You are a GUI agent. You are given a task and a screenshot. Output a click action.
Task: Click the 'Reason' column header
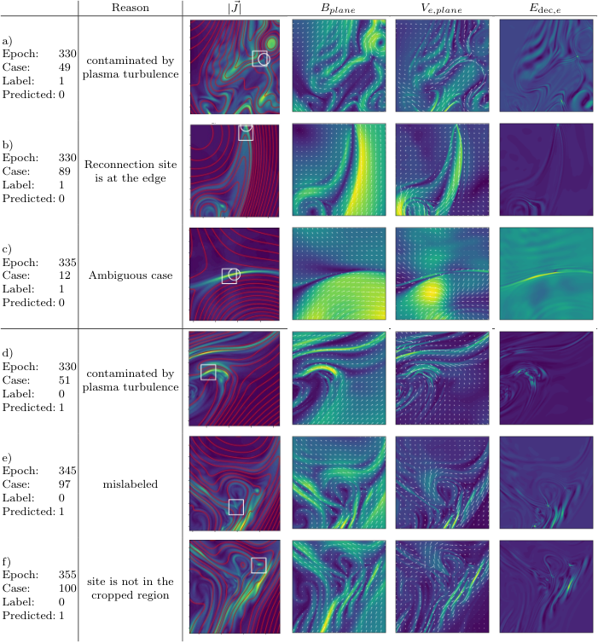click(130, 8)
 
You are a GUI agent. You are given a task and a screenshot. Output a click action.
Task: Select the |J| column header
click(235, 8)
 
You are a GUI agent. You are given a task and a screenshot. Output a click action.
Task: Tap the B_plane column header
click(338, 9)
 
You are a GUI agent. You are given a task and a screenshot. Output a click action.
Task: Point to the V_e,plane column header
click(441, 9)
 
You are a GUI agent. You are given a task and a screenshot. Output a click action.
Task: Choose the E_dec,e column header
click(545, 9)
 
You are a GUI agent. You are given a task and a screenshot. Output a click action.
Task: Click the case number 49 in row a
click(64, 67)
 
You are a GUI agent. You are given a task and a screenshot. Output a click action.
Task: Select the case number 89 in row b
click(64, 171)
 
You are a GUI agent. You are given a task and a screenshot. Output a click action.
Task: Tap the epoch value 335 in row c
click(67, 263)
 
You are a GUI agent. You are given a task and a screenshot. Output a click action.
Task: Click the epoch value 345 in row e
click(67, 471)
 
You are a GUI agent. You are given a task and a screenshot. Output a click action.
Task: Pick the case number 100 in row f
click(67, 588)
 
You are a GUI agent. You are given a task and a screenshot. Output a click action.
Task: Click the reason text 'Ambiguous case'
click(131, 275)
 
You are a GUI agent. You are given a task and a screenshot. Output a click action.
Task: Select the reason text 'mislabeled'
click(130, 484)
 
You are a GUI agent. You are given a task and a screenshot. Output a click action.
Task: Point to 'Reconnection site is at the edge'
click(131, 171)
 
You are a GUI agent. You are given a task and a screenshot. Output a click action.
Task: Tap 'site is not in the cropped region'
click(130, 588)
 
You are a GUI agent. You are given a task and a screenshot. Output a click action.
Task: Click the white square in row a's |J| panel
click(259, 51)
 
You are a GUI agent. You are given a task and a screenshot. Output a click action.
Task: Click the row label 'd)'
click(8, 353)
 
